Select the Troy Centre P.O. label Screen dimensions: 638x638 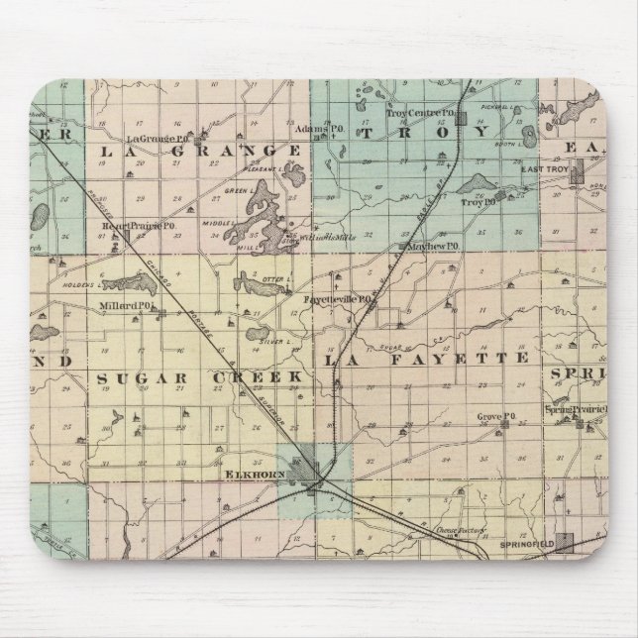411,116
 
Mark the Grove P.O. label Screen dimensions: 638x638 491,416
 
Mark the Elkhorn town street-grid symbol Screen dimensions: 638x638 308,464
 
